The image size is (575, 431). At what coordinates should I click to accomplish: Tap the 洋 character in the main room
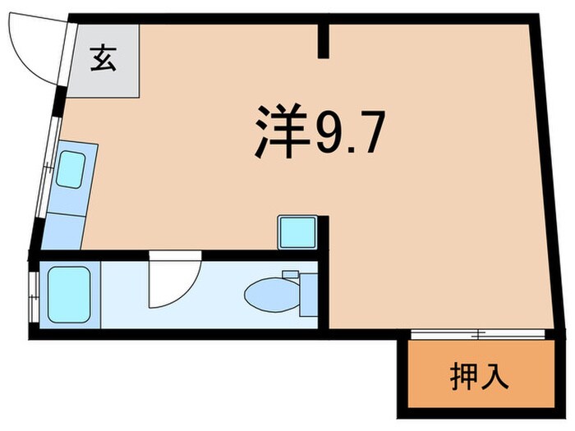(x=280, y=131)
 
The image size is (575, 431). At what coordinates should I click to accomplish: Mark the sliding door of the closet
(x=476, y=333)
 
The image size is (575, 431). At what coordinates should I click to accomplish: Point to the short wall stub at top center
(x=324, y=41)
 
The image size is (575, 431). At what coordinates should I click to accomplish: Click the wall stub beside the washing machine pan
(x=324, y=234)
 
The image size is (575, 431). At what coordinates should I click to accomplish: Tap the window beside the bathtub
(x=34, y=295)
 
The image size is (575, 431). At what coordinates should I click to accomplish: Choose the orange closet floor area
(x=480, y=394)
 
